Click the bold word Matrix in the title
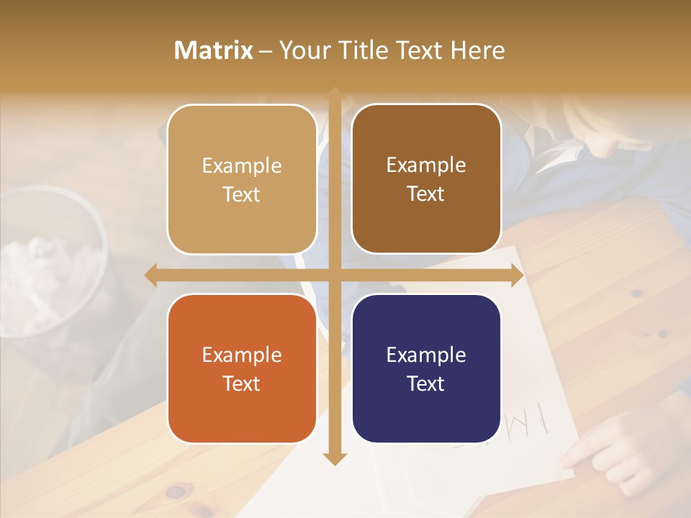(214, 50)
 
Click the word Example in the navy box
(426, 355)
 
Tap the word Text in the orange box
(242, 383)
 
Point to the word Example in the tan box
(242, 165)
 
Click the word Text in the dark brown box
(426, 194)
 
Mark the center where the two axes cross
(335, 275)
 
